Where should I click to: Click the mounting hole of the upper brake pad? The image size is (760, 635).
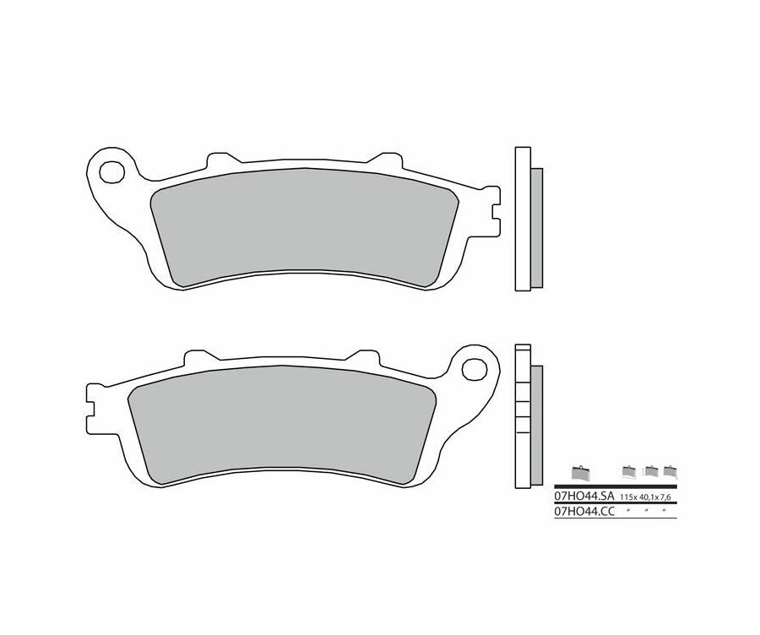pyautogui.click(x=110, y=171)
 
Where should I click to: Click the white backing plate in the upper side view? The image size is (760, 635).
pyautogui.click(x=522, y=220)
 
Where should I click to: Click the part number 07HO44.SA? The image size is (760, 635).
pyautogui.click(x=584, y=498)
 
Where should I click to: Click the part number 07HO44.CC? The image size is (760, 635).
pyautogui.click(x=584, y=512)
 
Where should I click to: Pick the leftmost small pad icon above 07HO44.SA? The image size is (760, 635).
pyautogui.click(x=579, y=472)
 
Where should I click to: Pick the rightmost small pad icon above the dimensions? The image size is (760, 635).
pyautogui.click(x=670, y=472)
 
